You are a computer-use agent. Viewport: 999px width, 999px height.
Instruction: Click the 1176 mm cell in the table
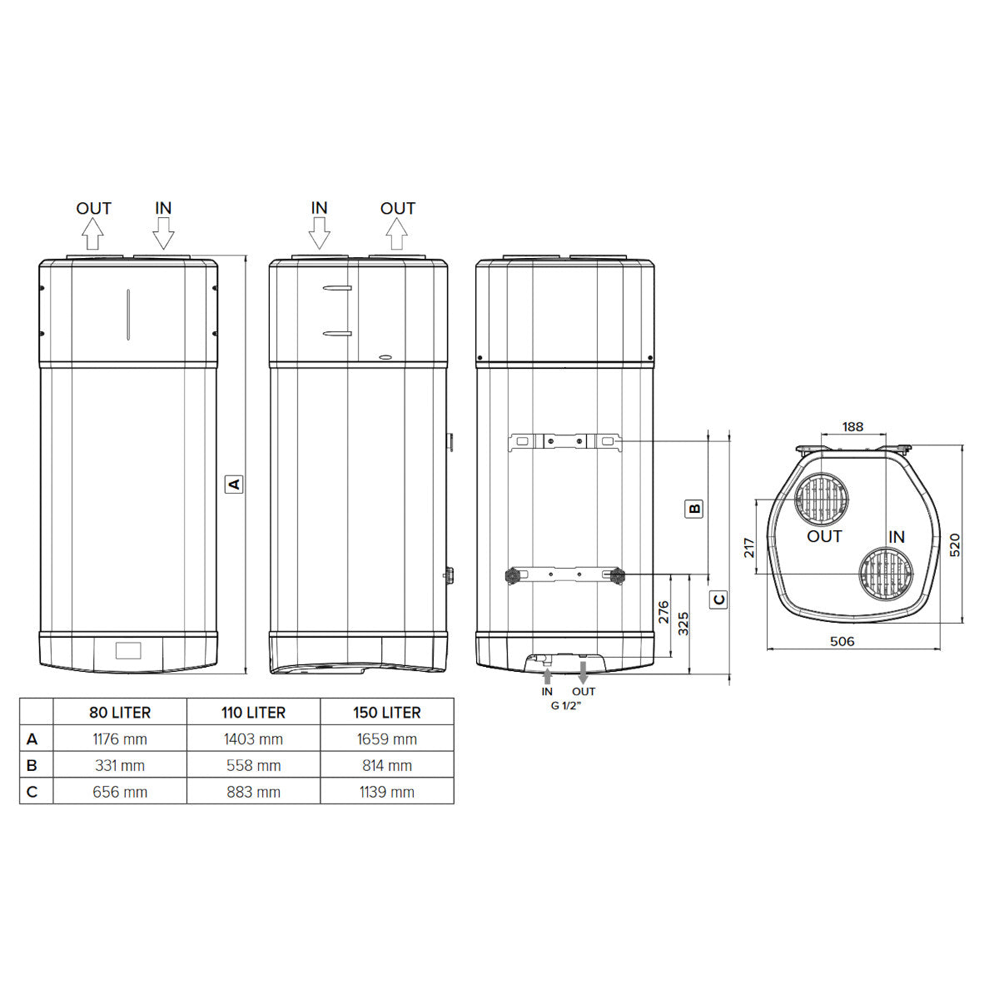pyautogui.click(x=120, y=738)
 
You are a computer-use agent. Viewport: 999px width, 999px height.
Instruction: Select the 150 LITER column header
pyautogui.click(x=386, y=713)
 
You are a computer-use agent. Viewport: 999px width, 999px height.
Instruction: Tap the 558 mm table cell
pyautogui.click(x=253, y=765)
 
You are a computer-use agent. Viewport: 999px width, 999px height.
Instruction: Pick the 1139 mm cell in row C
pyautogui.click(x=386, y=792)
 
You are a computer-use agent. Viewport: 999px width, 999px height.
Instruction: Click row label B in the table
pyautogui.click(x=32, y=765)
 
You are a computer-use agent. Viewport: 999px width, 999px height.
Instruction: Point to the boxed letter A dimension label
pyautogui.click(x=235, y=483)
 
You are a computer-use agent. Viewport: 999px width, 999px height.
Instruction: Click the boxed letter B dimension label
pyautogui.click(x=694, y=508)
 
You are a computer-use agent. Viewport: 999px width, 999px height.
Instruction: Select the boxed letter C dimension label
pyautogui.click(x=719, y=599)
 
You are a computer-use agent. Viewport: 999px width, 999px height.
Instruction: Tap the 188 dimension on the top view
pyautogui.click(x=852, y=427)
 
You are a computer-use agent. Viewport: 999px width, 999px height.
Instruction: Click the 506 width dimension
pyautogui.click(x=842, y=641)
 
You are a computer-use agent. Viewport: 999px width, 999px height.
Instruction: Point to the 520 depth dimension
pyautogui.click(x=955, y=545)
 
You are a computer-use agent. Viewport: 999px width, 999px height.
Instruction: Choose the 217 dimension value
pyautogui.click(x=749, y=547)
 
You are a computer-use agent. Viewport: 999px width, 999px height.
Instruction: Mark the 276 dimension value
pyautogui.click(x=664, y=612)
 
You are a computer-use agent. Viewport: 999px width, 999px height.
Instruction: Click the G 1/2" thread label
pyautogui.click(x=565, y=706)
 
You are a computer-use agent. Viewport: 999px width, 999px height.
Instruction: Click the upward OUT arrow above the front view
pyautogui.click(x=92, y=236)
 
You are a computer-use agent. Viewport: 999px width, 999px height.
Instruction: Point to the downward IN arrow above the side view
pyautogui.click(x=319, y=233)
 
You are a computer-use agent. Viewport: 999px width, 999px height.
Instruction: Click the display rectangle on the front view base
pyautogui.click(x=128, y=649)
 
